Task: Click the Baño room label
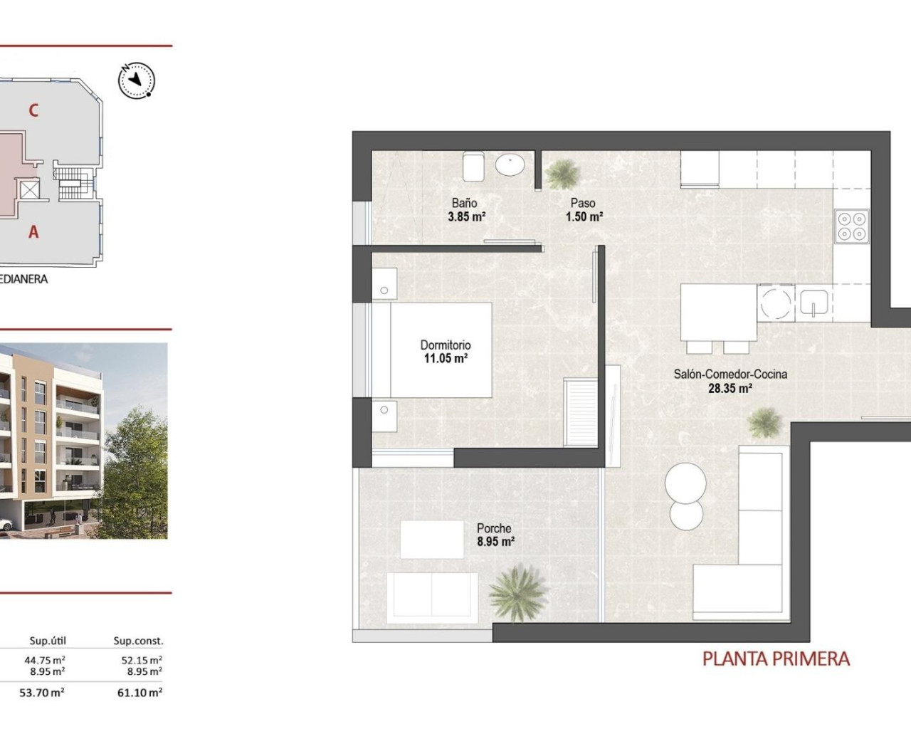464,203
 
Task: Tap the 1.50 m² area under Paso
584,217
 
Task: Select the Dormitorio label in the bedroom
446,345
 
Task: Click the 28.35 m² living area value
730,389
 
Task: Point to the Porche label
494,528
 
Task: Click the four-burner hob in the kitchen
852,226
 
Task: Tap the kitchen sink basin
813,303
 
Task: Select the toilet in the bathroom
473,166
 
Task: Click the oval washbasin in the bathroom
510,165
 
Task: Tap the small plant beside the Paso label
562,174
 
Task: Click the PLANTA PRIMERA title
776,659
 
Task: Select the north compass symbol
136,80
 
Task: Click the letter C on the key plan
33,110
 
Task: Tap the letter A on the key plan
33,231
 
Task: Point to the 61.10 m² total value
142,692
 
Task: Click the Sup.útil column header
47,641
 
